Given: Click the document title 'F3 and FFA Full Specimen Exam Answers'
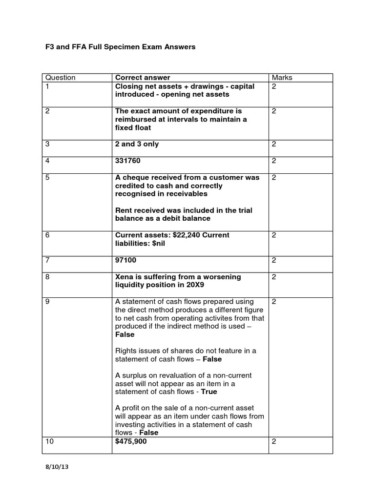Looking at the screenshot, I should point(120,47).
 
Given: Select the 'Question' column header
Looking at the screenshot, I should point(60,78).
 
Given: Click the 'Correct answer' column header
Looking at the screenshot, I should point(143,78).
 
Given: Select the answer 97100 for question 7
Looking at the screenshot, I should point(125,260).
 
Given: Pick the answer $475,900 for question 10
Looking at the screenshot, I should point(130,441).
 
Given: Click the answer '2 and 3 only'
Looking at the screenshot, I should point(137,144).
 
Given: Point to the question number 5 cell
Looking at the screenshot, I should point(47,178).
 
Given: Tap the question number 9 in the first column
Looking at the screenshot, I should point(47,302).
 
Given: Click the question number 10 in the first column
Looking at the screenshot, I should point(49,441).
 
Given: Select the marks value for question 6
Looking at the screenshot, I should point(274,235).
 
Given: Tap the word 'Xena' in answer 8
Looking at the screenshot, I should point(125,277).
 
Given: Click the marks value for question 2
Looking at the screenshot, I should point(274,111).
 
